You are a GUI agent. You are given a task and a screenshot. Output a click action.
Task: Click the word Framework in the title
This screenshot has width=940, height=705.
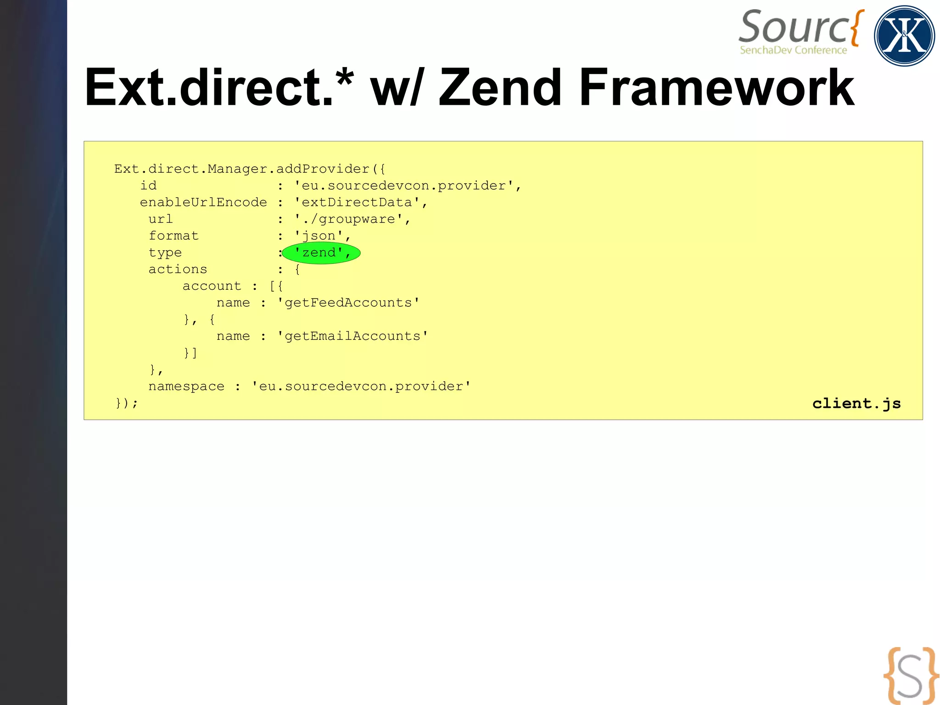716,87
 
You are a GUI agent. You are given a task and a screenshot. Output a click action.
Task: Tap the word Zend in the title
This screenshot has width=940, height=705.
500,87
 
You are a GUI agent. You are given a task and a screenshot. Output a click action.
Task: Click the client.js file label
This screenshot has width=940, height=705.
856,403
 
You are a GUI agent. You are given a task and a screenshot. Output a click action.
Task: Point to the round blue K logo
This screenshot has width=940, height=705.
904,36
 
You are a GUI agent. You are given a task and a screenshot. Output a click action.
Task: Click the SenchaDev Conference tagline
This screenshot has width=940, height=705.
793,50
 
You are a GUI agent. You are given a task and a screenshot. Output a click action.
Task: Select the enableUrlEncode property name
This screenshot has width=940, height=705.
203,203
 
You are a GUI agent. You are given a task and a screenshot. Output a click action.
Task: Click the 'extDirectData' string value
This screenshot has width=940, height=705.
357,203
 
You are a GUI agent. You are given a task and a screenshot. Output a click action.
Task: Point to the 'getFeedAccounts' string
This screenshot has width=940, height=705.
348,303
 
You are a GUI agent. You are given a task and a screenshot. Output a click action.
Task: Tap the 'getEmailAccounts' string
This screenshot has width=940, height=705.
352,336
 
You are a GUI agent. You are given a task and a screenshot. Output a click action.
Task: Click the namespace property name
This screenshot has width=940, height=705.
186,386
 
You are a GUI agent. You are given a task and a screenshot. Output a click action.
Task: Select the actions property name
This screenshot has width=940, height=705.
178,269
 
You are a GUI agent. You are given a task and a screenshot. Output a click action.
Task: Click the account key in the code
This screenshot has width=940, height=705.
212,286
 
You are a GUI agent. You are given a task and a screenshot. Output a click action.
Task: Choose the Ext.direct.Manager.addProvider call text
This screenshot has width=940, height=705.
250,169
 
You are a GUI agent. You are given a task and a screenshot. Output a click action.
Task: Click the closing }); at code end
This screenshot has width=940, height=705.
126,403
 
